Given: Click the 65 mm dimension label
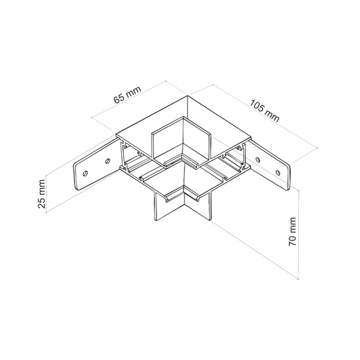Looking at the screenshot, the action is [127, 95].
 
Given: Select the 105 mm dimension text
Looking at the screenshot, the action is [265, 111].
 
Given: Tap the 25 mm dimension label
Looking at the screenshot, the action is [42, 194].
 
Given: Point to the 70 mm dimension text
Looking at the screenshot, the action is [292, 232].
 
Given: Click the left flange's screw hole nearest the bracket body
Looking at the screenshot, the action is [107, 161].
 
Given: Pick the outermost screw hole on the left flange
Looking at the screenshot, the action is [85, 173].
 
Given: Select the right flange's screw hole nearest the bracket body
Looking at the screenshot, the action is [258, 159].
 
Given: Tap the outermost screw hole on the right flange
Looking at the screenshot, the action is [278, 172].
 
